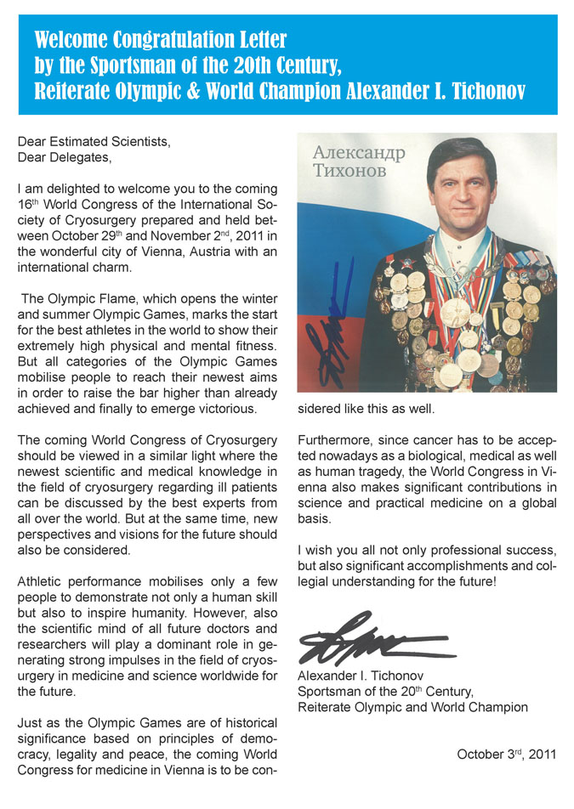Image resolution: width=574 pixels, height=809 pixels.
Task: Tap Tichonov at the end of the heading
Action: point(482,91)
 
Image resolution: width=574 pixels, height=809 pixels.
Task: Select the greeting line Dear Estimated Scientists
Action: point(94,142)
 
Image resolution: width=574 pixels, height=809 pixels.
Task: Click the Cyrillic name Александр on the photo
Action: point(359,154)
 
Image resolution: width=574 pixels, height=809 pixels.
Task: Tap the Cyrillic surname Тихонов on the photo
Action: point(349,171)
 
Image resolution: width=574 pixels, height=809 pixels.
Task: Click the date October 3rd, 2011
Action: point(506,754)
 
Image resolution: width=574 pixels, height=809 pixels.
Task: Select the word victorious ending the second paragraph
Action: point(225,409)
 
